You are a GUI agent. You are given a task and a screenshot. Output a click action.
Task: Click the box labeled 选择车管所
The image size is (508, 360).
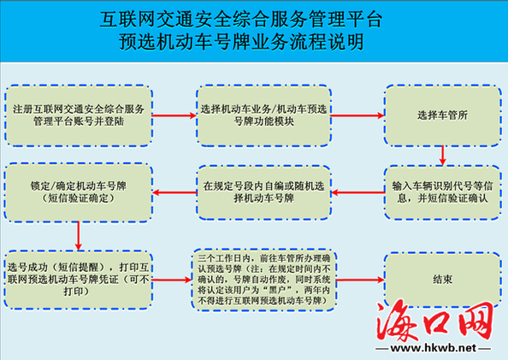tap(442, 115)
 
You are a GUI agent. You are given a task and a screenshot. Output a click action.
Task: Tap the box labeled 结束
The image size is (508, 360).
tap(442, 280)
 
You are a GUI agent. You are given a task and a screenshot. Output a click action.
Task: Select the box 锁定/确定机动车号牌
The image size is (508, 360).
tap(79, 192)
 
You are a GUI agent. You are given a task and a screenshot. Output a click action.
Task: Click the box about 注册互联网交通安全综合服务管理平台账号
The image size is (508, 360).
tap(79, 115)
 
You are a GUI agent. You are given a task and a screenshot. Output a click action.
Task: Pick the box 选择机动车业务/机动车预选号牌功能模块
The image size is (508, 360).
tap(263, 115)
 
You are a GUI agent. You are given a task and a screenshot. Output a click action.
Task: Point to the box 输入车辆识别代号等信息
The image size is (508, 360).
tap(442, 192)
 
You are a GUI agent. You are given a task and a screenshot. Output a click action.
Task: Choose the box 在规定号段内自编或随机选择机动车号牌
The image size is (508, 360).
tap(263, 192)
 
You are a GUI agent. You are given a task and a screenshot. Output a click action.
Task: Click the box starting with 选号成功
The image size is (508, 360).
tap(79, 280)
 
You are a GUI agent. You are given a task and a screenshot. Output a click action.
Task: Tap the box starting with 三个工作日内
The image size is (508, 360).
tap(263, 280)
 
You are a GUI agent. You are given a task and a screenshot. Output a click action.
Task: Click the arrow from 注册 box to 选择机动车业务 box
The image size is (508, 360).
tap(174, 115)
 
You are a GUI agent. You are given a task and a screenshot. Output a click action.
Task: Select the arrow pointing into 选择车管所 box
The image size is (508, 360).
tap(357, 115)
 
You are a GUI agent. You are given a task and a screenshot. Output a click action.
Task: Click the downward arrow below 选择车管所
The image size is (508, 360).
tap(442, 156)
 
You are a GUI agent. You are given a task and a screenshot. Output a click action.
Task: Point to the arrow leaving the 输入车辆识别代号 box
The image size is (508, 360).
tap(357, 192)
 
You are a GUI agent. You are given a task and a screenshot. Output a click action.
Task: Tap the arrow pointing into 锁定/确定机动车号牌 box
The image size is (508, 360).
tap(174, 192)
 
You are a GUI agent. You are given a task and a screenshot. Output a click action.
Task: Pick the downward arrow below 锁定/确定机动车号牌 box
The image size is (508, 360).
tap(79, 236)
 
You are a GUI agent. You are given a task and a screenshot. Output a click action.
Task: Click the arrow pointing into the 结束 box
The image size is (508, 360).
tap(360, 280)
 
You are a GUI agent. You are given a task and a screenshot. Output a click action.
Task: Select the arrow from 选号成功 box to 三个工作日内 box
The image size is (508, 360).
tap(172, 280)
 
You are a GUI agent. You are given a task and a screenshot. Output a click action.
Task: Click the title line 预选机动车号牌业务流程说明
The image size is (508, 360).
tap(241, 42)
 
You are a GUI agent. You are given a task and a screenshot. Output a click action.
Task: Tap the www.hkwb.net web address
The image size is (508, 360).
tap(433, 348)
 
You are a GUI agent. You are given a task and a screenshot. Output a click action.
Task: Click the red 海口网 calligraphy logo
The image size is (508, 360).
tap(434, 321)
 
